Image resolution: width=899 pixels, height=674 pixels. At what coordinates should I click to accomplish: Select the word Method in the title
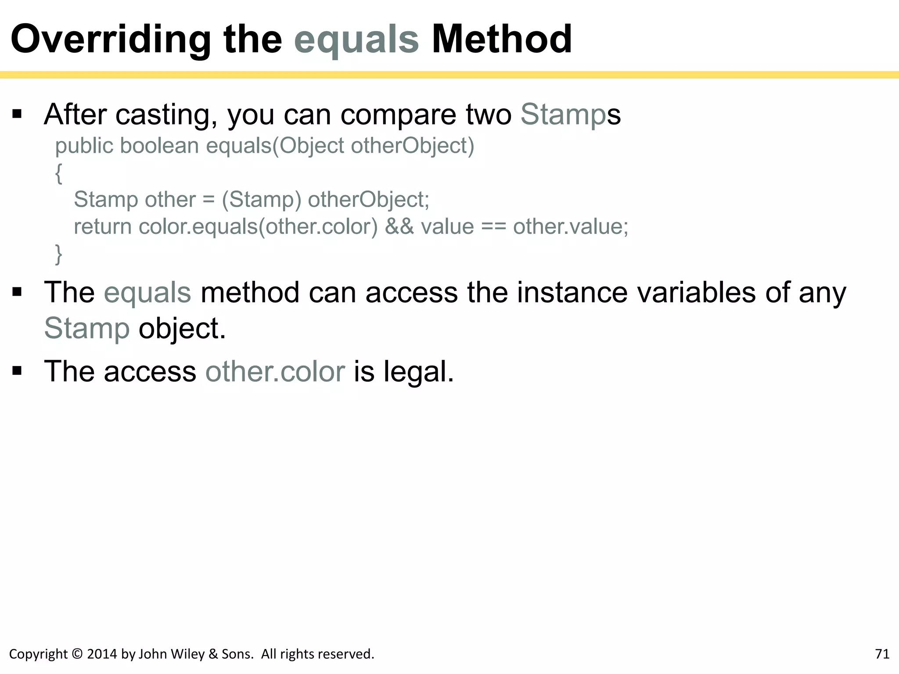501,39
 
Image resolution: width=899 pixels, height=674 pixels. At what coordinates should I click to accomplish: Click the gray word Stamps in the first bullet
570,115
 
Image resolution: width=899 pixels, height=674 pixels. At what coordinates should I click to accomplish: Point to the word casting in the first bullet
166,115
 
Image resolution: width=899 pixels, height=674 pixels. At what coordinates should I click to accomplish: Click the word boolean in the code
159,146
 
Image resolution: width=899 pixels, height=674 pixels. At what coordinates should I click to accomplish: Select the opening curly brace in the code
59,173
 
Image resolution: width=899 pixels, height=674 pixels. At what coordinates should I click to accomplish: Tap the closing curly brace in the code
58,254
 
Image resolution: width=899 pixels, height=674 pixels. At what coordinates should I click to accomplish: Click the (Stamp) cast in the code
261,200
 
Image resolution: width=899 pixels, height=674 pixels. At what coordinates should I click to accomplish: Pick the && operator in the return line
399,227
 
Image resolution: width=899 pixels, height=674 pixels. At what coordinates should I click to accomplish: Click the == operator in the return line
494,227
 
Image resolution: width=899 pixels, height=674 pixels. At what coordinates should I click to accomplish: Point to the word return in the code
102,227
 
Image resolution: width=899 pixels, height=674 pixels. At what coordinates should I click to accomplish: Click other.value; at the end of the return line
571,227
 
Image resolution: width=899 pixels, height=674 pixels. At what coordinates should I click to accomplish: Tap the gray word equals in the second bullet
147,293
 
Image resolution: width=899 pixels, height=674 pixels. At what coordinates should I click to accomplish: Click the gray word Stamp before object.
87,329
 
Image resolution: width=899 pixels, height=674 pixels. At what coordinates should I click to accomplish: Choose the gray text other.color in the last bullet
275,372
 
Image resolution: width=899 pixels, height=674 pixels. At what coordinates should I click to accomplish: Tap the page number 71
882,654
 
